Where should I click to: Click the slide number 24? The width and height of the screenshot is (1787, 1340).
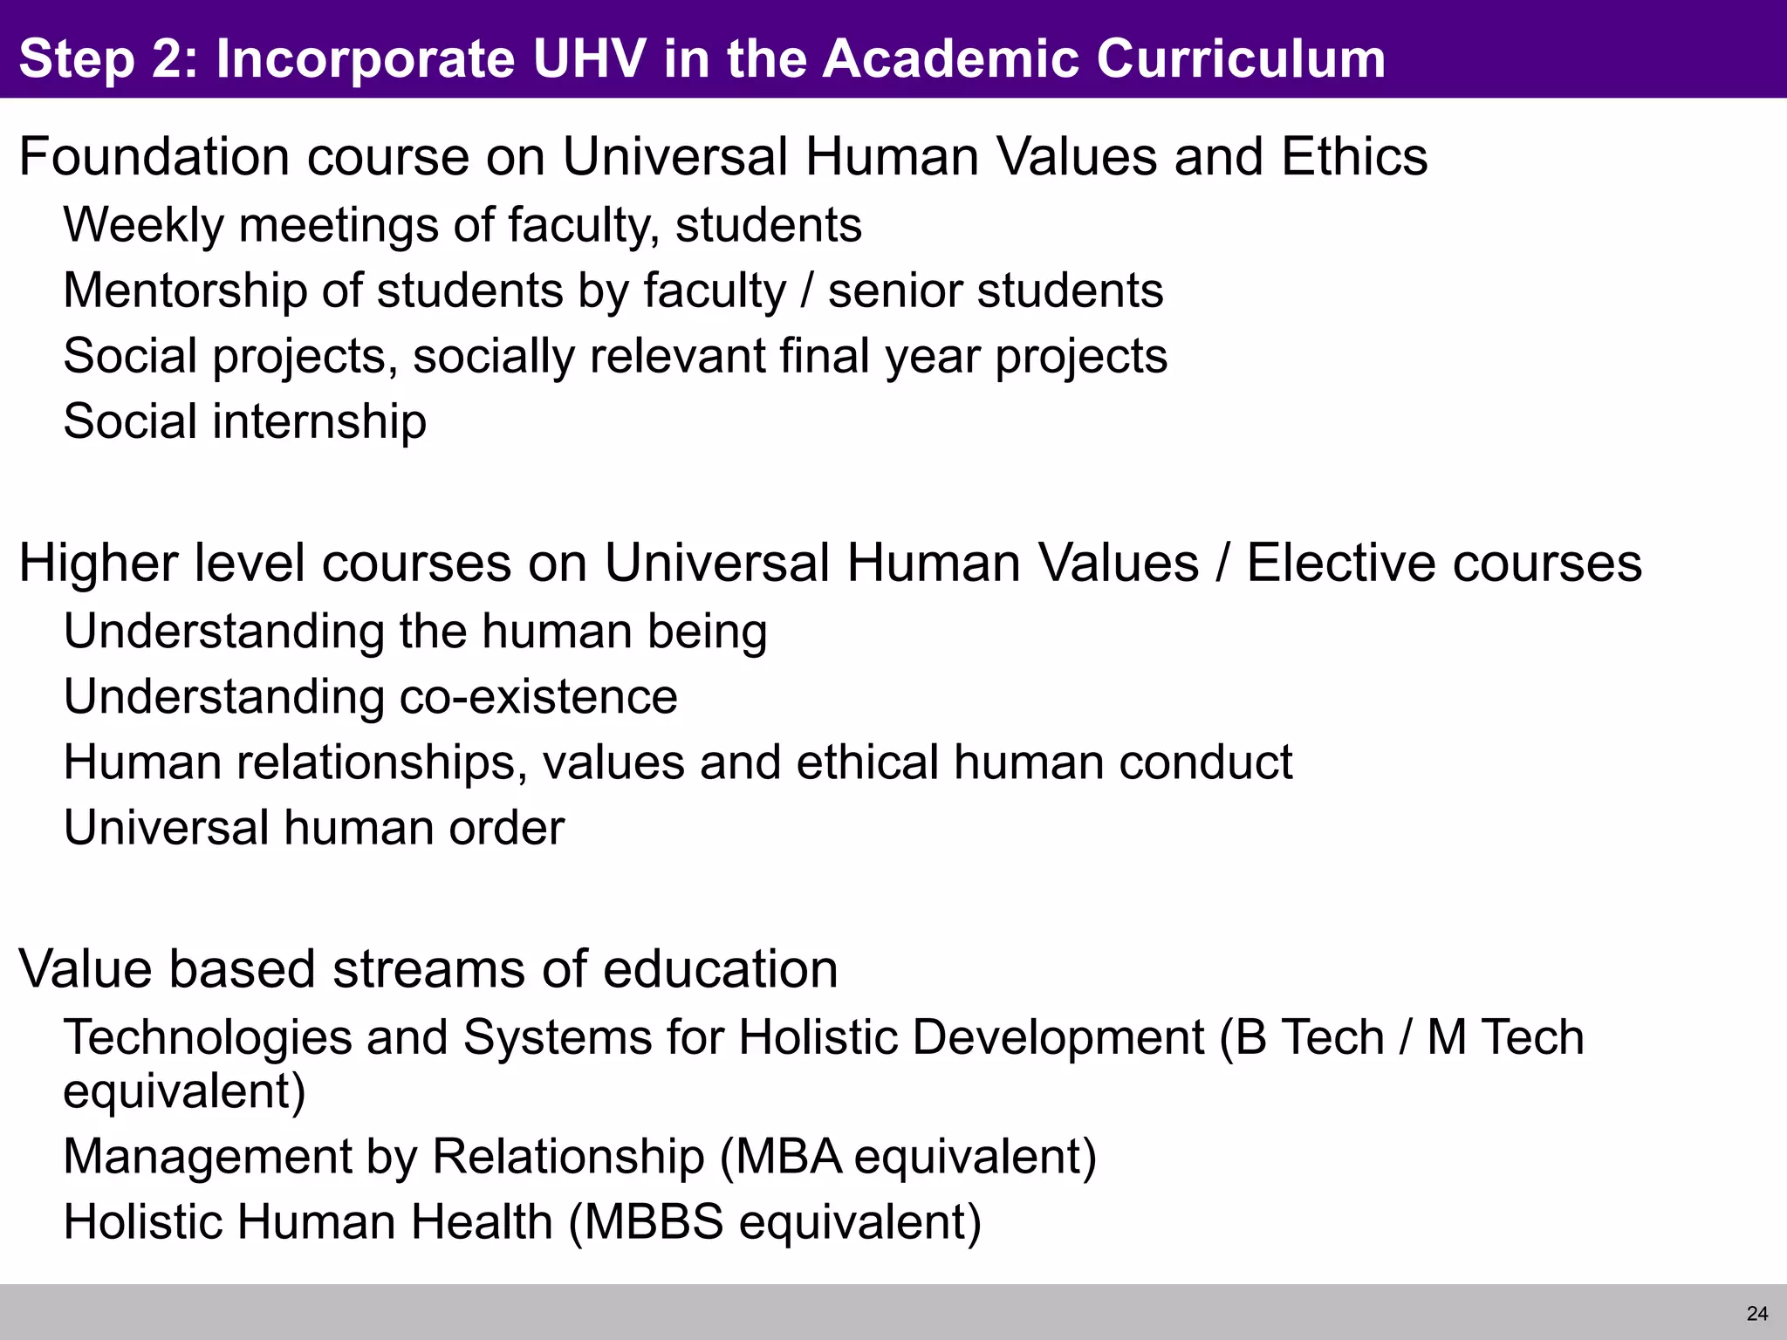[1757, 1313]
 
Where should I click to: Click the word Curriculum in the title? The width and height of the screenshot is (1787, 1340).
[1240, 59]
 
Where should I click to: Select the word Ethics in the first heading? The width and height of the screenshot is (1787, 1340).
[1354, 157]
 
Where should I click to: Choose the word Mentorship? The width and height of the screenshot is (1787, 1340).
[184, 291]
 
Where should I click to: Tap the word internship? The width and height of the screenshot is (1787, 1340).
[319, 422]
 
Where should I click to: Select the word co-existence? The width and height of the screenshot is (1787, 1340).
[537, 697]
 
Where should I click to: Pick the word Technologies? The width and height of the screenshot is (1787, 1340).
[207, 1038]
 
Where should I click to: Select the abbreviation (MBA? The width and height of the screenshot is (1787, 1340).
[781, 1157]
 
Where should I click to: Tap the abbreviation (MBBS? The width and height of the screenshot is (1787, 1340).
[646, 1222]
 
